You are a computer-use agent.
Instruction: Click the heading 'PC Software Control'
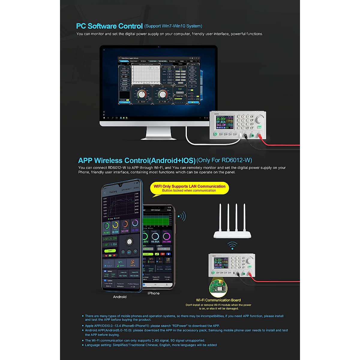(x=109, y=26)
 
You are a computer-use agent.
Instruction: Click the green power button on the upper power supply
(x=215, y=134)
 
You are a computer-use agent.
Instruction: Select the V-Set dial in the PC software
(x=141, y=94)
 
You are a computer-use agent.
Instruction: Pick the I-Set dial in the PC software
(x=162, y=94)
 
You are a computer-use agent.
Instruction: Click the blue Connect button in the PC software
(x=124, y=102)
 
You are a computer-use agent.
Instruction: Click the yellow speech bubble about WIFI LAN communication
(x=189, y=188)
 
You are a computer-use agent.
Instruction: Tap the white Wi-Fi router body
(x=232, y=234)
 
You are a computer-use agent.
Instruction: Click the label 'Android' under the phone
(x=120, y=297)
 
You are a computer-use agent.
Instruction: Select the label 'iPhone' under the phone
(x=154, y=293)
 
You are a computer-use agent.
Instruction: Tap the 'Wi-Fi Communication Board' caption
(x=218, y=300)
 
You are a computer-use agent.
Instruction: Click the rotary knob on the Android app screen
(x=129, y=242)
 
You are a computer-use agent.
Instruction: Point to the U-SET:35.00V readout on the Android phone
(x=110, y=239)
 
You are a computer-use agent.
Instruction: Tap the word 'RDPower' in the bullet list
(x=179, y=326)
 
